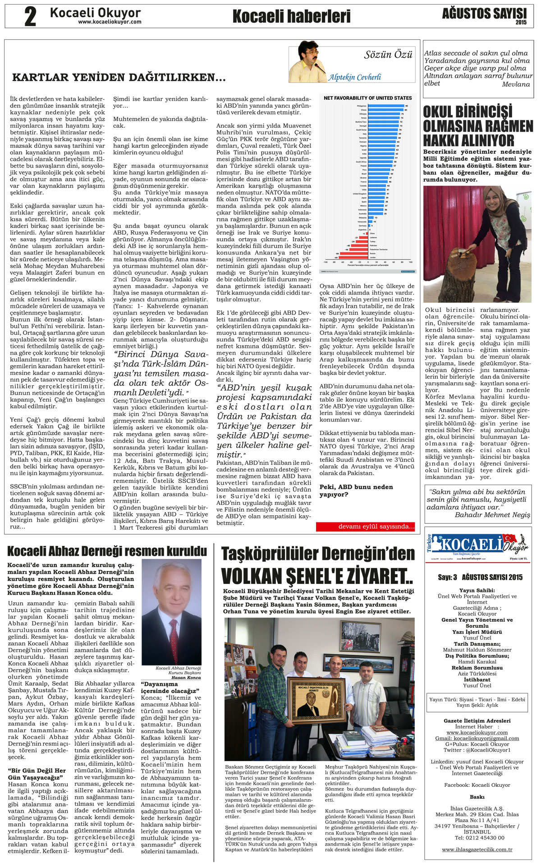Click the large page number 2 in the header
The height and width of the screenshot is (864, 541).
(x=30, y=17)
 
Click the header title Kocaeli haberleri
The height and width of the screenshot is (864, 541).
(x=291, y=17)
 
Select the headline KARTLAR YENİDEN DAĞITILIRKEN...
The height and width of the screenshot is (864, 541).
(x=119, y=78)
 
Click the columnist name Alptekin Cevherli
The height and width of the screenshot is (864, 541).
(x=354, y=77)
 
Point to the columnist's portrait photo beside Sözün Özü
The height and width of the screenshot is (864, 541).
(x=307, y=62)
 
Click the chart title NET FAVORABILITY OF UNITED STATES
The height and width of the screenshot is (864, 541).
(x=367, y=98)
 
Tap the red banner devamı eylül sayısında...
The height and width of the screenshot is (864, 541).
(x=365, y=527)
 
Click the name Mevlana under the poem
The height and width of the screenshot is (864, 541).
(x=516, y=84)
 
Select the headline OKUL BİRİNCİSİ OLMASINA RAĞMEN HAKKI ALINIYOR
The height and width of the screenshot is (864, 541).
(x=477, y=126)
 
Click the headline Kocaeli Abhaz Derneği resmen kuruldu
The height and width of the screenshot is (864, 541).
(x=107, y=551)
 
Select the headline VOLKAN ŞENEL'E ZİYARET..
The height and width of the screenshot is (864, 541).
(x=317, y=576)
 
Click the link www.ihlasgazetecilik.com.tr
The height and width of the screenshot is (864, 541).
(x=477, y=849)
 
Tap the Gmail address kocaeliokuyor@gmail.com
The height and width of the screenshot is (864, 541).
(x=477, y=738)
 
